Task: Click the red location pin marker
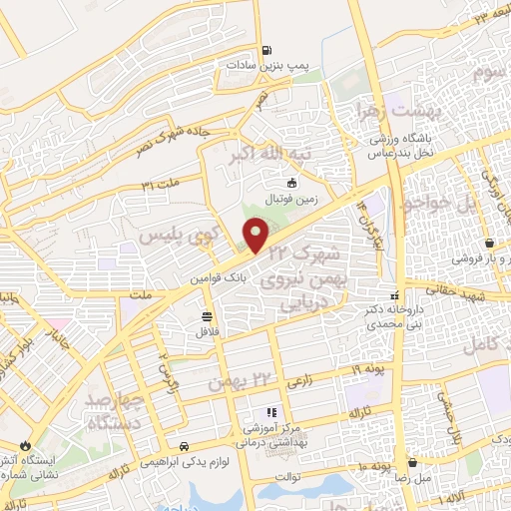(256, 237)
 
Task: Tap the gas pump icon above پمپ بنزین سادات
(265, 51)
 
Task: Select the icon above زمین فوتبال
(291, 183)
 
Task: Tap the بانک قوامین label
(214, 281)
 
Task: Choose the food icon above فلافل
(207, 315)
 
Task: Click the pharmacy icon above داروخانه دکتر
(395, 295)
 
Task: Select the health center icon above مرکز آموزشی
(268, 411)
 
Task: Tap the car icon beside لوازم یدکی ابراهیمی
(184, 446)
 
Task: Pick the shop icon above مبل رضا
(411, 461)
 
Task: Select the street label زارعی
(299, 380)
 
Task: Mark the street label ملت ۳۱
(161, 184)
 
